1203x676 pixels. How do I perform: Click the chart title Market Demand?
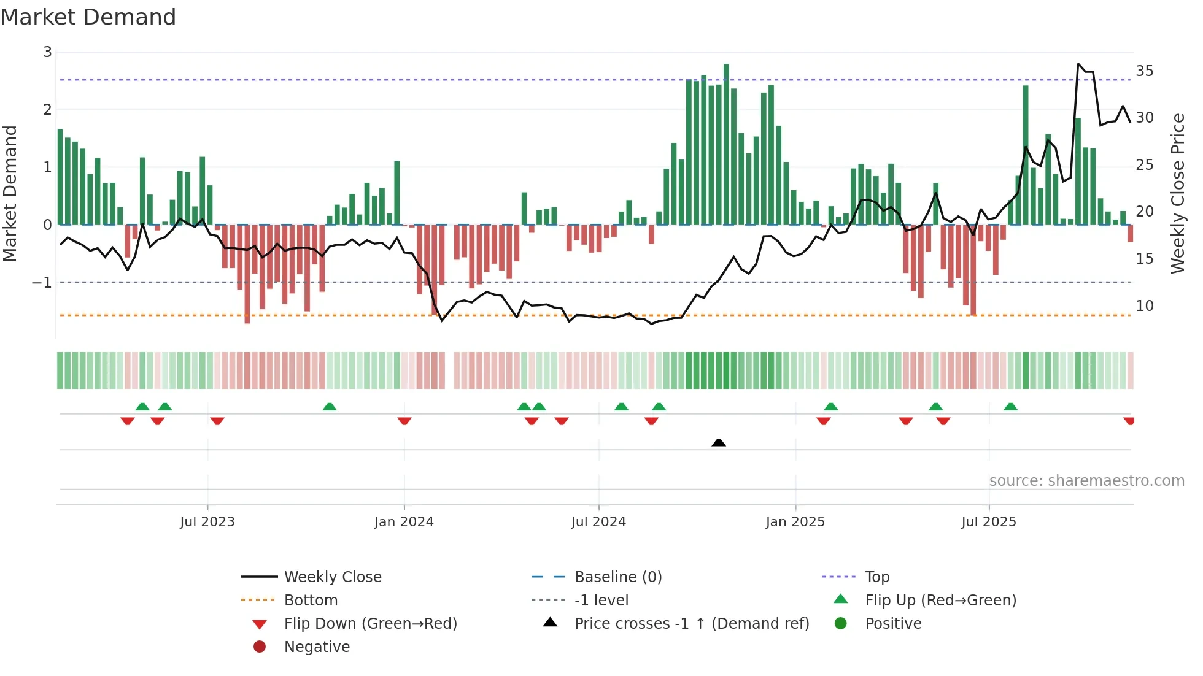coord(88,17)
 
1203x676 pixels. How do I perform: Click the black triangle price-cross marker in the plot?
coord(719,442)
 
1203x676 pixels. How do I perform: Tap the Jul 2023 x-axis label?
coord(207,522)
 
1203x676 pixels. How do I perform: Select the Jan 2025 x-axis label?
coord(795,522)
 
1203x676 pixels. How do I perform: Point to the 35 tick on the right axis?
coord(1144,71)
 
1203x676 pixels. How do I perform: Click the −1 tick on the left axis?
coord(42,283)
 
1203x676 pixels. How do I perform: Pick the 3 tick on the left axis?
coord(47,52)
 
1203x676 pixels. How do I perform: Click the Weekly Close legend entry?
coord(332,577)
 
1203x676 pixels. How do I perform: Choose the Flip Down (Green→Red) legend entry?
coord(370,624)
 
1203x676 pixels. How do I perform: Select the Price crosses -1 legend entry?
coord(691,624)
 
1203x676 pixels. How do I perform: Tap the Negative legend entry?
coord(317,647)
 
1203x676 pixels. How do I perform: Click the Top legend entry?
coord(877,577)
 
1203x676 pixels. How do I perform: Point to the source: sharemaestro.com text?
coord(1086,481)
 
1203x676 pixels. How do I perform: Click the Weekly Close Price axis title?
coord(1177,193)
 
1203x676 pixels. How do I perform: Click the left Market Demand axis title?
coord(10,193)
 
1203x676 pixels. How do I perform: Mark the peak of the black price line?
coord(1078,64)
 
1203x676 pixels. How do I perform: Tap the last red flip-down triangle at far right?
coord(1129,421)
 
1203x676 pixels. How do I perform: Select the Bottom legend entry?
coord(311,601)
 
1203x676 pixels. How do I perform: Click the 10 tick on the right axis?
coord(1144,306)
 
